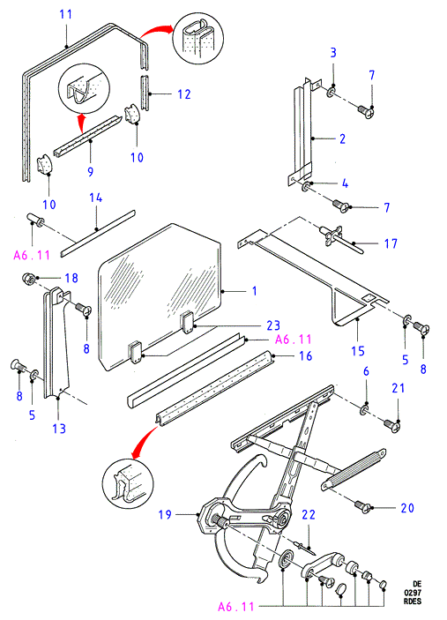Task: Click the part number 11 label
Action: [65, 15]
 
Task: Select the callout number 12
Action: [184, 94]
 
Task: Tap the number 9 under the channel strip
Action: [91, 172]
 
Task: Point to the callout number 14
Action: [95, 198]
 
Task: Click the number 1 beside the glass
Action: [255, 291]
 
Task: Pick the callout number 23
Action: [273, 325]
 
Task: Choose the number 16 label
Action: [306, 356]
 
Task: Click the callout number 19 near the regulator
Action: [165, 514]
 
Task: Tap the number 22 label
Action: [309, 514]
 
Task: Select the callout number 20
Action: [407, 508]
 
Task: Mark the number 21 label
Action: [399, 388]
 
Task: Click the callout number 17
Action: [391, 243]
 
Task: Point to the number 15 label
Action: [358, 351]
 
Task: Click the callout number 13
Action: [59, 429]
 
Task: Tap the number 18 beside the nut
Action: [71, 278]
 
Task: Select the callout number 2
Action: [342, 138]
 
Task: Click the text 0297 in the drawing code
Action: [413, 593]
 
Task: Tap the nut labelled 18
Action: [27, 278]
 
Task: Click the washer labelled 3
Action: [332, 92]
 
